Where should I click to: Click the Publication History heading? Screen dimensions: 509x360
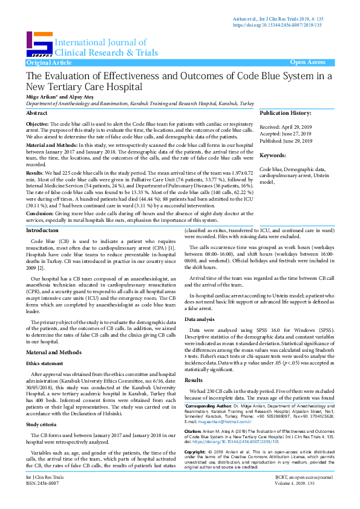coord(286,113)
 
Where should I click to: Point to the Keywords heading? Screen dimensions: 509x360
coord(273,155)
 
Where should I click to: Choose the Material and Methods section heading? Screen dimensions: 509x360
coord(53,352)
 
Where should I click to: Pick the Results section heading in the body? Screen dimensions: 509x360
coord(194,363)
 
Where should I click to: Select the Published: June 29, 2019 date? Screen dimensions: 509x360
coord(286,141)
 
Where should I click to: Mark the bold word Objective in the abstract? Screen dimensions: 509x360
coord(38,123)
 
